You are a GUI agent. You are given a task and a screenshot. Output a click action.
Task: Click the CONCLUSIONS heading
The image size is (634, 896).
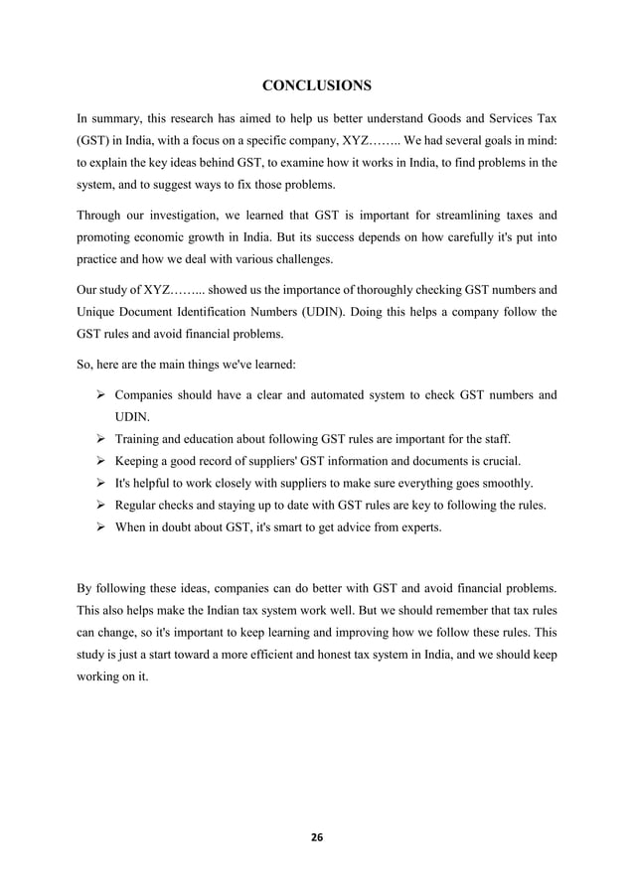point(317,82)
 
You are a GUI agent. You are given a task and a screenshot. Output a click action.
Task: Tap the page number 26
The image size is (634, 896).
point(317,836)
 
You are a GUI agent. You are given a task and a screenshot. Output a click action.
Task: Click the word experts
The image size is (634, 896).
point(419,527)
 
